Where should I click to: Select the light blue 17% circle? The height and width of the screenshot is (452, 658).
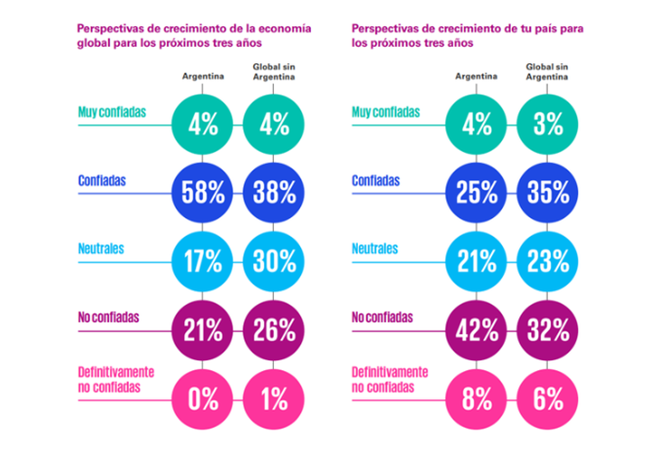click(203, 261)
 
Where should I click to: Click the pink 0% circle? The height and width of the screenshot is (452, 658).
click(203, 398)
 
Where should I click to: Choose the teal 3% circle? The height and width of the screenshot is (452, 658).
click(548, 123)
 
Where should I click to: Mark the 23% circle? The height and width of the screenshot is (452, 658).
click(548, 261)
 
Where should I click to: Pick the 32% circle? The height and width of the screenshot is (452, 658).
click(548, 330)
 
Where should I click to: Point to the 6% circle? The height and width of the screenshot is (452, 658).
click(548, 398)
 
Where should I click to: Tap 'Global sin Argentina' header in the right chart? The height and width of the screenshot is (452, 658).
click(545, 72)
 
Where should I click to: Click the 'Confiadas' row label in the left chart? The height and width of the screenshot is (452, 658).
click(101, 180)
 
